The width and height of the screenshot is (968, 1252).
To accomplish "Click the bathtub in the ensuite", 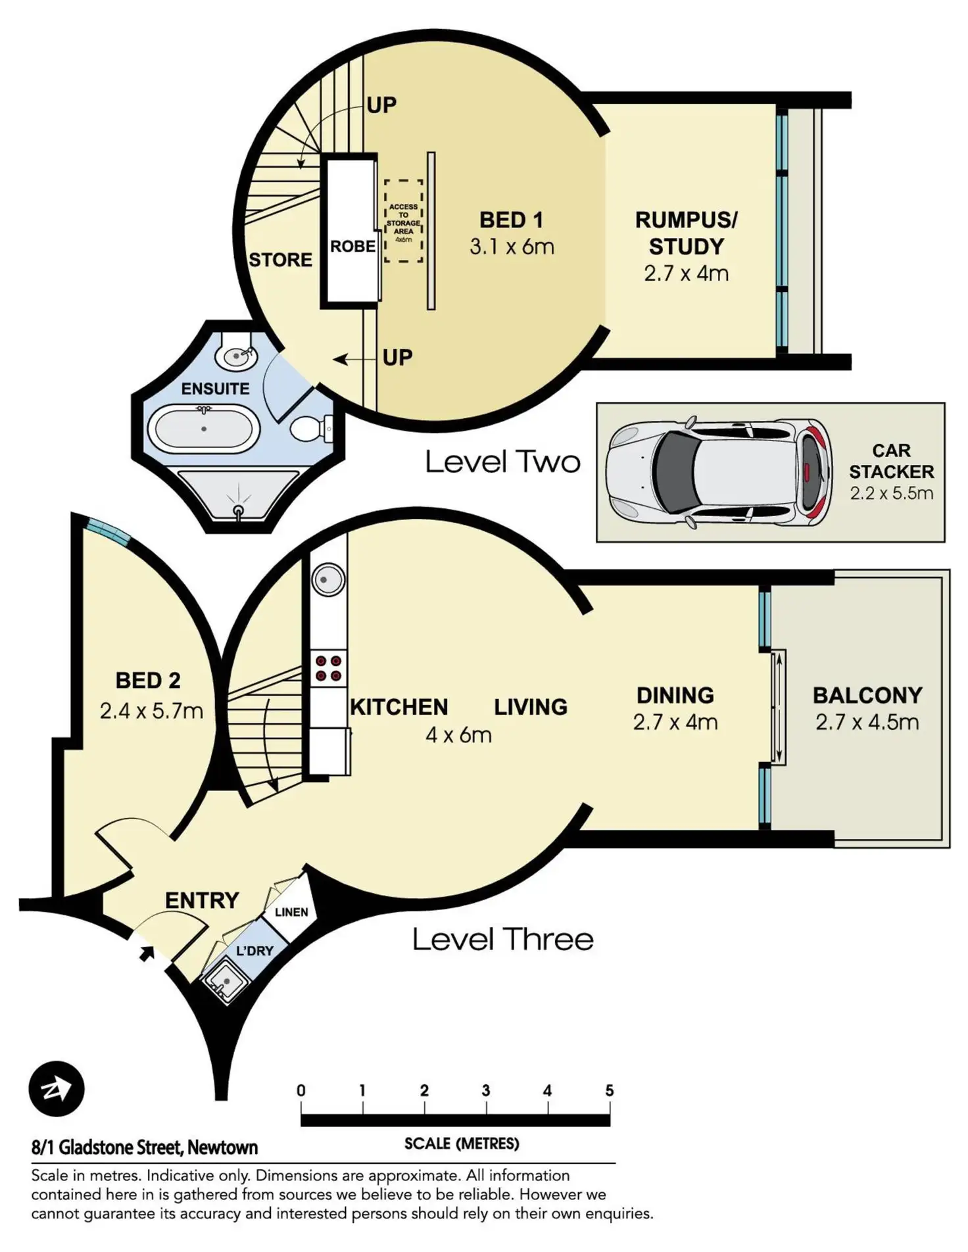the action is pos(203,429).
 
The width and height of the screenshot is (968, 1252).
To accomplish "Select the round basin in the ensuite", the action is pos(236,356).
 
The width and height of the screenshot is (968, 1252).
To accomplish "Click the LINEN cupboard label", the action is pos(291,912).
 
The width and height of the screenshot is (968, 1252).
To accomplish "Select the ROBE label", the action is pos(352,247).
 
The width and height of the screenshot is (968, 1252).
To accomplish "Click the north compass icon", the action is pos(57,1090).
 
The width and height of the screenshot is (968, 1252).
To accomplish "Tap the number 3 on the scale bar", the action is pos(486,1091).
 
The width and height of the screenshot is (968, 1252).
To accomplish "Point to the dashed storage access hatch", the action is pos(403,222).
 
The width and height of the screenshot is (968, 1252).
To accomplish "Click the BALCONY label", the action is pos(867,695).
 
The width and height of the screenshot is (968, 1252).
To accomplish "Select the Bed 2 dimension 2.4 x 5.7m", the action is pos(151,711).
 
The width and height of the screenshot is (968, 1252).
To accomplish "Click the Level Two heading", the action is pos(503,462).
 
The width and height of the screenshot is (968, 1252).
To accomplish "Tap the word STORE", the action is pos(280,260).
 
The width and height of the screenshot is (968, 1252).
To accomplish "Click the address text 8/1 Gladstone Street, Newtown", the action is pos(145,1147).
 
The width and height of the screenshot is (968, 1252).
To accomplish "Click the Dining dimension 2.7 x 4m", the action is pos(675,722).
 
